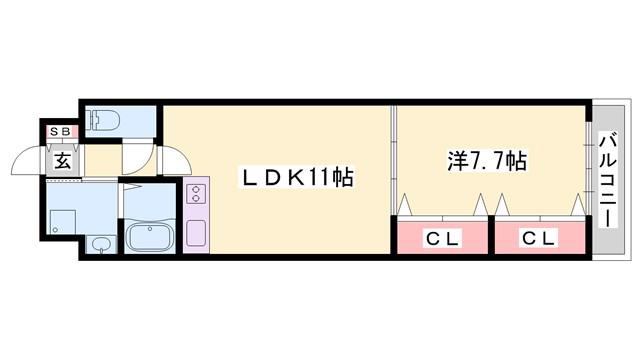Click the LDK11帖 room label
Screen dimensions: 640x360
click(x=298, y=178)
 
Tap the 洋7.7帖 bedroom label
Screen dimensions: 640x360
click(x=487, y=161)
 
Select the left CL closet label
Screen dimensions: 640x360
click(x=442, y=238)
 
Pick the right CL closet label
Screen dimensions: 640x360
click(x=540, y=238)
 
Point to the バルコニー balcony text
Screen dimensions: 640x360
click(x=609, y=180)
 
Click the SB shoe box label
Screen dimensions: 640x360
click(x=60, y=131)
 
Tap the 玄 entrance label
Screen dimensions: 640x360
click(x=63, y=160)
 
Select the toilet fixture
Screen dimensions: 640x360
click(x=104, y=120)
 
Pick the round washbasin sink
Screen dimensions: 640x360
click(x=100, y=245)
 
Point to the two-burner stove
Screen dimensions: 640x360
click(x=196, y=193)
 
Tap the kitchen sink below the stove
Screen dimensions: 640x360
click(x=196, y=233)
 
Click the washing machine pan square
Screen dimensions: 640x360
click(x=63, y=222)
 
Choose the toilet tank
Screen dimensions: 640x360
click(x=93, y=120)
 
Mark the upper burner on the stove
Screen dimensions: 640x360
click(x=196, y=189)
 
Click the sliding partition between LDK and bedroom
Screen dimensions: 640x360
click(x=393, y=160)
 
